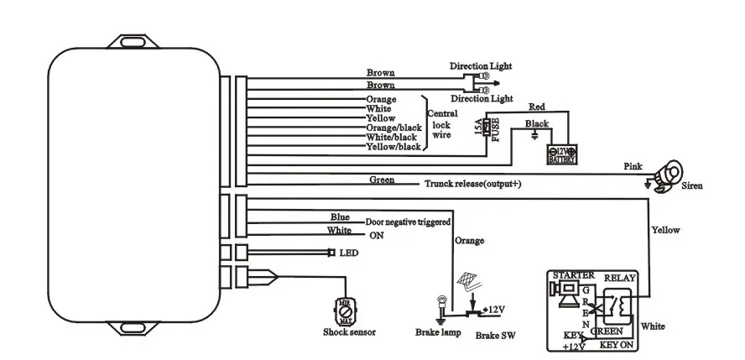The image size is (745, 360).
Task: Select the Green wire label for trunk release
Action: point(382,180)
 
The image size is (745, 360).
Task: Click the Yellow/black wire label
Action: point(393,147)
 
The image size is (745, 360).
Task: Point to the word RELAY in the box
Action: point(621,274)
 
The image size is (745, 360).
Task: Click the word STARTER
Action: point(573,274)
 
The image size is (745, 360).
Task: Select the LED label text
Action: point(348,253)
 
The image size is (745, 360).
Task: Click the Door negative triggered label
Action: point(408,222)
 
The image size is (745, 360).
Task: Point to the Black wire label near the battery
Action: point(536,123)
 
